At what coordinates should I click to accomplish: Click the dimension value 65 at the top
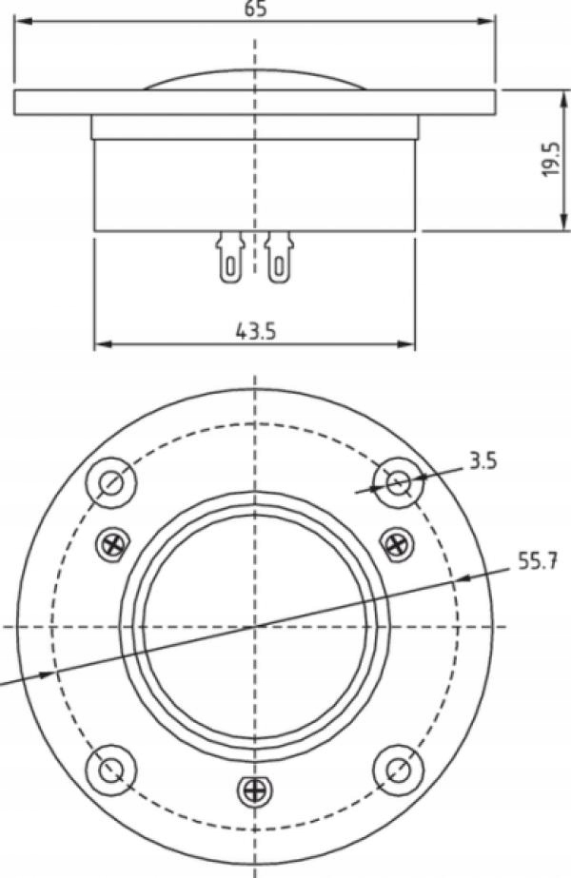tap(255, 9)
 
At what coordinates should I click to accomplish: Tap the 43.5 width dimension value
tap(255, 330)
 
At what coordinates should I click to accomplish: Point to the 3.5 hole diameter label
tap(482, 463)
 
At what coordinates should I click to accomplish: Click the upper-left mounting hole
tap(111, 482)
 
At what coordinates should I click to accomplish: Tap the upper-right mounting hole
tap(399, 482)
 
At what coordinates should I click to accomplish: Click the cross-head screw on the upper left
tap(113, 544)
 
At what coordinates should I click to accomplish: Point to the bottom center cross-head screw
tap(254, 790)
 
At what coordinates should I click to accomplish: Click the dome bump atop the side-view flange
tap(255, 80)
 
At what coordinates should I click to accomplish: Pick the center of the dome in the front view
tap(255, 625)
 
